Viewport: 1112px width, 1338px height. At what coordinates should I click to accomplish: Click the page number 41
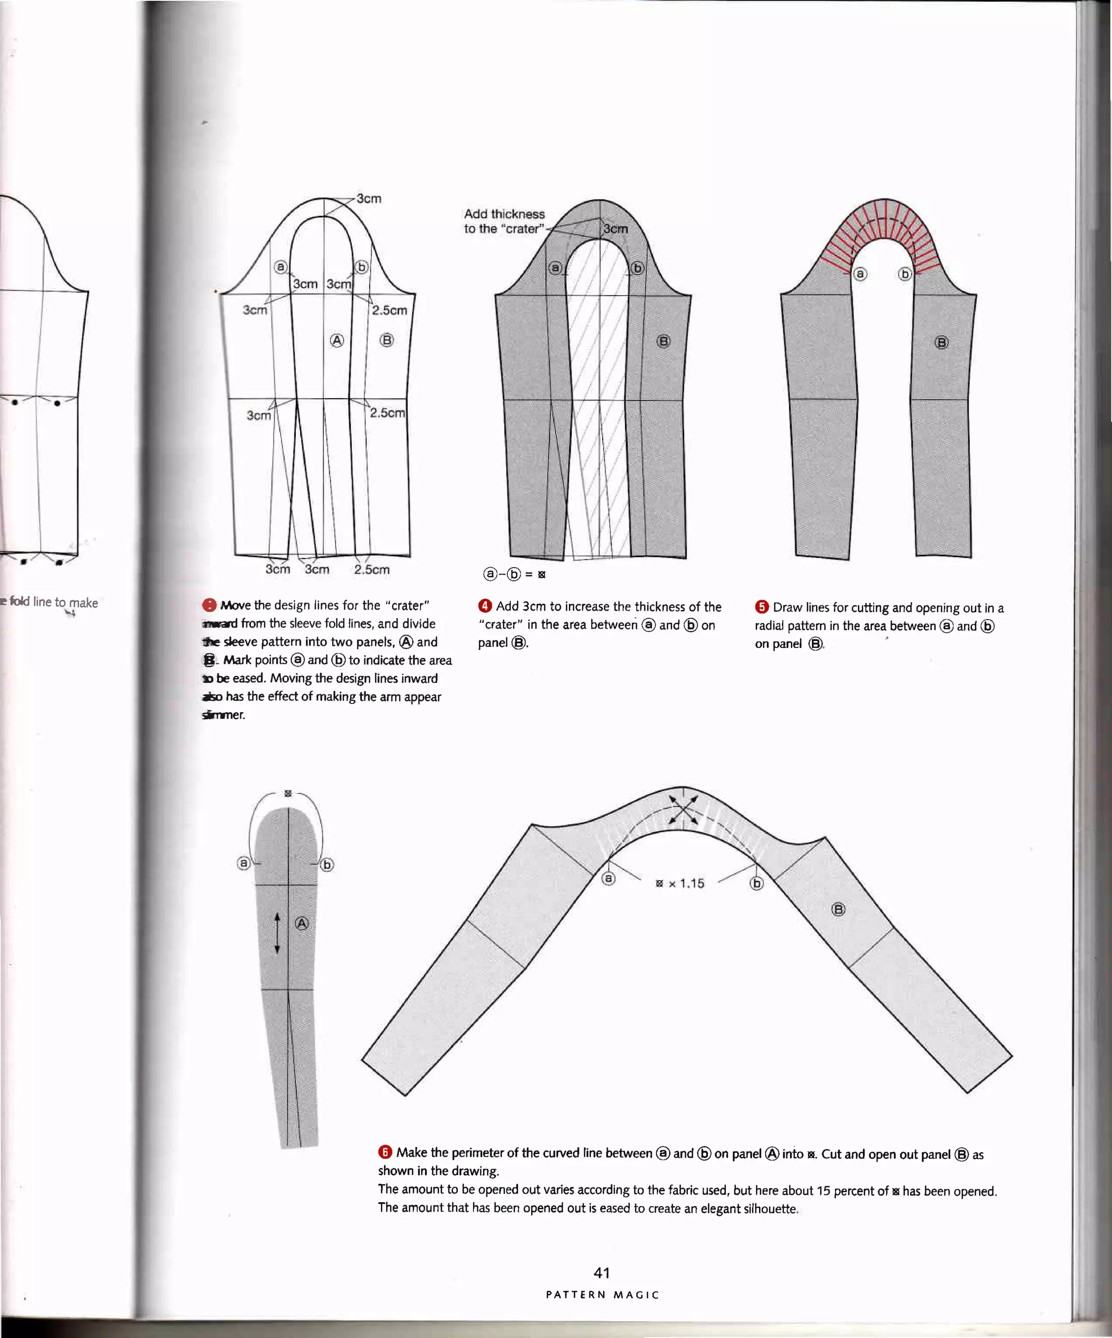point(601,1272)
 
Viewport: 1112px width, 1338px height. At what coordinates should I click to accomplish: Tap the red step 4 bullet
point(485,606)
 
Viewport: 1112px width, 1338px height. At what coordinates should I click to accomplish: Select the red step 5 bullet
point(762,607)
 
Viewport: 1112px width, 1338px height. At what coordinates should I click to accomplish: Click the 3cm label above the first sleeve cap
point(369,198)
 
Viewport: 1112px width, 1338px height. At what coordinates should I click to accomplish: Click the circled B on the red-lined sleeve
point(940,343)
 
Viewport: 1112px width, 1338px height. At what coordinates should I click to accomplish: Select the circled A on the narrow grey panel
point(302,923)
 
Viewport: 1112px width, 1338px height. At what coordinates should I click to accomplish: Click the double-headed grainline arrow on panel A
point(277,933)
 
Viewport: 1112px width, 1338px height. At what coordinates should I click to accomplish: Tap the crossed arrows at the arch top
point(683,811)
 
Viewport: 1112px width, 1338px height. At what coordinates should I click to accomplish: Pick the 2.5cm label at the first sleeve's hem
point(372,569)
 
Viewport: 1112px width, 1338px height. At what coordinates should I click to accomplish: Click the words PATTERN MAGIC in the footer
point(602,1295)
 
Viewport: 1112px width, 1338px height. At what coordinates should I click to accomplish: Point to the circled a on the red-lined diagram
point(860,274)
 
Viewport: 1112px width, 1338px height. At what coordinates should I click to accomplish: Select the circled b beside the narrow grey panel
point(327,865)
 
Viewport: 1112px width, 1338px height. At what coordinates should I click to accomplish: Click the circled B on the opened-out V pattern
point(838,909)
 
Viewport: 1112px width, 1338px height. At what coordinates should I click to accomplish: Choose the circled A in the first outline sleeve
point(337,341)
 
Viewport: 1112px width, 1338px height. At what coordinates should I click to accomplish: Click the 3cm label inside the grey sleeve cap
point(615,229)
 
